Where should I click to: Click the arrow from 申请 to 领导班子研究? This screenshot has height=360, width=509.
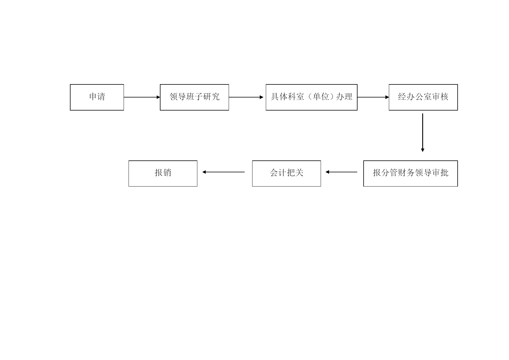[x=142, y=97]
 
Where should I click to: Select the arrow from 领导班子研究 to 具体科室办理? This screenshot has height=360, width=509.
[x=246, y=97]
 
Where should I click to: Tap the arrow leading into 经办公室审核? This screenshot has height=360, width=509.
[x=373, y=97]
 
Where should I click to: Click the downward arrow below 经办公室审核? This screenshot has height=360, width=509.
[x=423, y=133]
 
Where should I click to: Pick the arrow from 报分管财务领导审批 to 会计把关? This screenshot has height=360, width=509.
[x=342, y=172]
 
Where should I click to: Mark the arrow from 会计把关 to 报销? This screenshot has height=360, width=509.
[x=223, y=172]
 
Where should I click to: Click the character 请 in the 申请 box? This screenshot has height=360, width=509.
[x=101, y=97]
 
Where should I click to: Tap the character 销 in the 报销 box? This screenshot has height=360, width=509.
[x=167, y=173]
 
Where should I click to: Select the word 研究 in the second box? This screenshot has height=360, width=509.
[x=211, y=97]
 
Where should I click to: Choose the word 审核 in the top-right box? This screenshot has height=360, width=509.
[x=440, y=97]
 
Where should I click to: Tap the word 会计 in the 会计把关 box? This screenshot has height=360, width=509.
[x=278, y=173]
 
